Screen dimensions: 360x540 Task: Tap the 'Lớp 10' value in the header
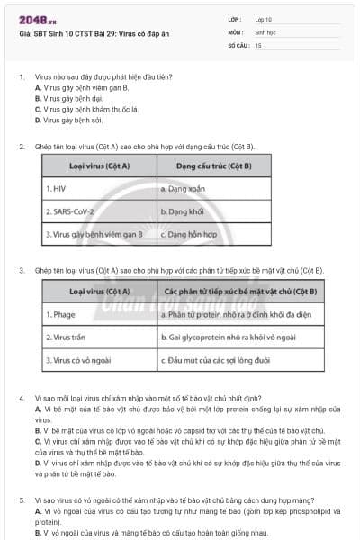(264, 19)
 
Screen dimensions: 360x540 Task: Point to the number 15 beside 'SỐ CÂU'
(258, 44)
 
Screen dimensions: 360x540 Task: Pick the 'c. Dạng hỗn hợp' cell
(187, 234)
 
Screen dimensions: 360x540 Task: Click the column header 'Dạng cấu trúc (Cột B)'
(213, 166)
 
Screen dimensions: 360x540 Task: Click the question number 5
(22, 499)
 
